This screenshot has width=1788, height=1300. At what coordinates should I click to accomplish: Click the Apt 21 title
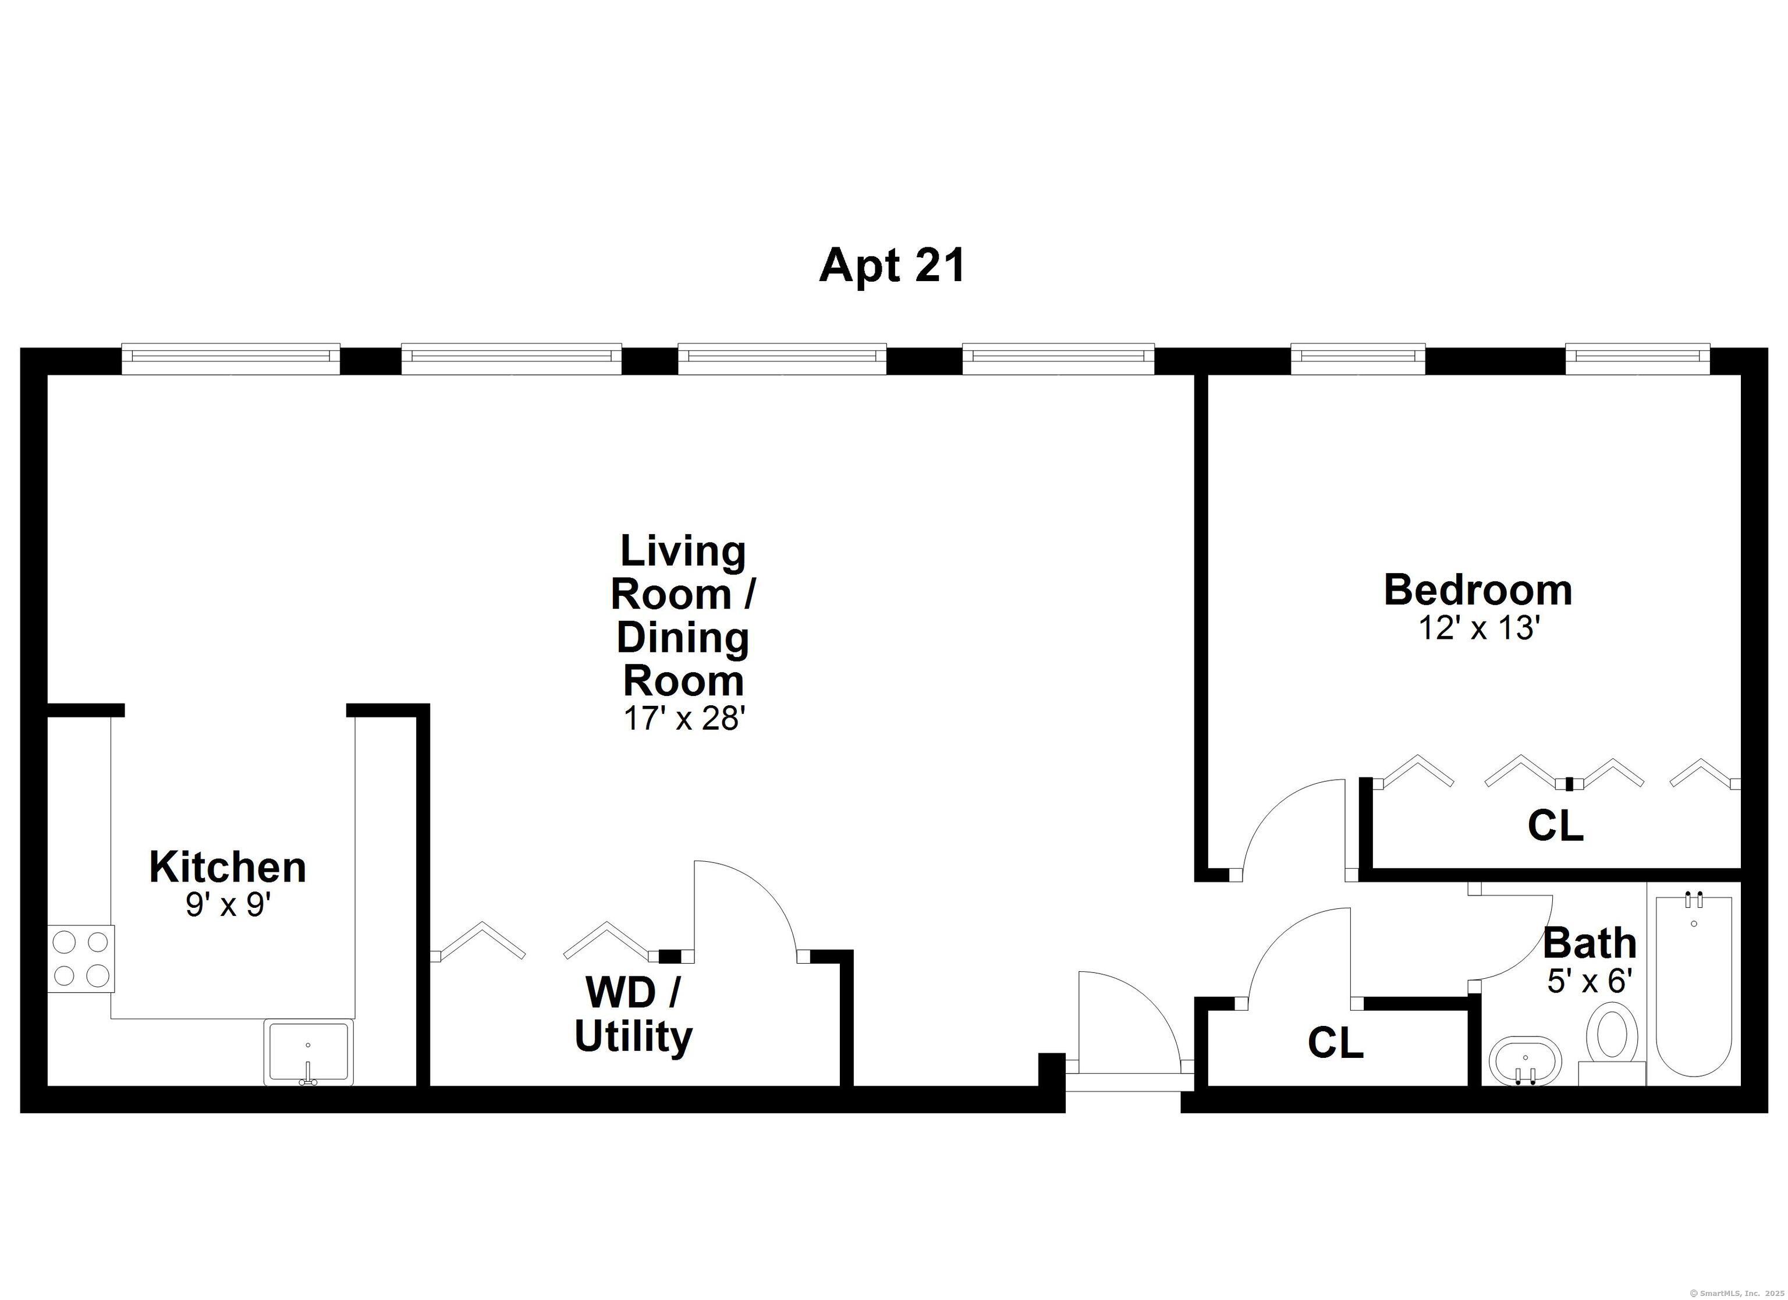(892, 266)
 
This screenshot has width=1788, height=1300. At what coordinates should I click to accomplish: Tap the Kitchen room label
(227, 867)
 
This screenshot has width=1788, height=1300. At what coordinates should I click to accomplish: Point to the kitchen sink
(308, 1053)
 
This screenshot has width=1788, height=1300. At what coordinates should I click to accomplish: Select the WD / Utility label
(633, 1015)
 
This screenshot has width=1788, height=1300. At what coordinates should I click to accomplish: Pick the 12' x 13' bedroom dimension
(1479, 628)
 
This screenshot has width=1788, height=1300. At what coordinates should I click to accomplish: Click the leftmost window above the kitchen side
(231, 358)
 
